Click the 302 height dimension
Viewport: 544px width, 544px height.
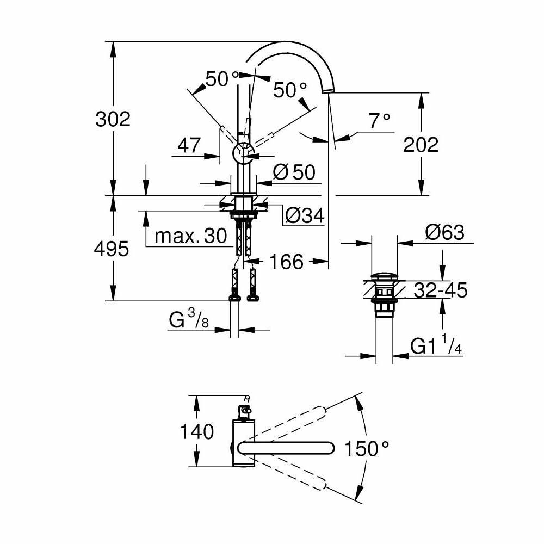[113, 119]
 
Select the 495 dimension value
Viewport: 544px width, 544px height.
[112, 249]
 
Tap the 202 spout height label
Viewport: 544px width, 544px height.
[421, 144]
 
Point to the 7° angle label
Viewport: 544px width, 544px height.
[380, 121]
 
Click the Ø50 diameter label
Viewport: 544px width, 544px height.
[294, 172]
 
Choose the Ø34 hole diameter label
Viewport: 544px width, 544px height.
[305, 216]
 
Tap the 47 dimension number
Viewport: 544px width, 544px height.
[189, 145]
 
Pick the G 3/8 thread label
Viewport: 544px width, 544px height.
[188, 320]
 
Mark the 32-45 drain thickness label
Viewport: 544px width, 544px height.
[440, 290]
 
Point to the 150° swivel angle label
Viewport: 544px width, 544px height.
[367, 449]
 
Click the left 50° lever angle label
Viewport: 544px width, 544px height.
[221, 79]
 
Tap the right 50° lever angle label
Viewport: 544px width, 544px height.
[290, 90]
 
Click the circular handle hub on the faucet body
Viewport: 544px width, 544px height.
[243, 153]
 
